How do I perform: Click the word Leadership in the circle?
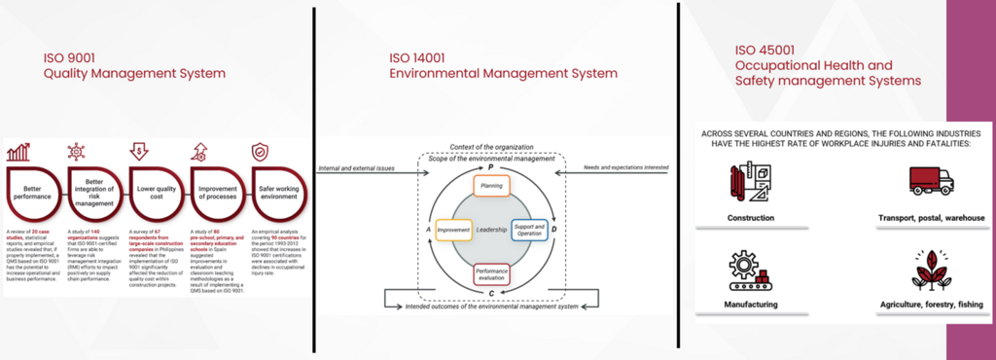[492, 231]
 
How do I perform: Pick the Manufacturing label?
[750, 305]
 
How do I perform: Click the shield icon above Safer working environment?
[261, 151]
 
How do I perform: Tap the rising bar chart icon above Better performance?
[18, 151]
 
